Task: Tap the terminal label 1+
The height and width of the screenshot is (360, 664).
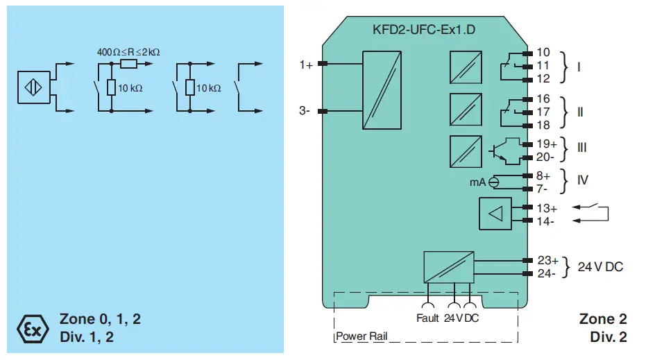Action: pos(306,65)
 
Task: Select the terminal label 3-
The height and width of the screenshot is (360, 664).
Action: pos(305,110)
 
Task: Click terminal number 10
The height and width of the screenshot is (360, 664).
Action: pos(543,53)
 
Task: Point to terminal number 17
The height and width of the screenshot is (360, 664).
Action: pos(543,112)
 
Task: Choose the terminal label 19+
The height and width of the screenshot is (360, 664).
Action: pos(547,144)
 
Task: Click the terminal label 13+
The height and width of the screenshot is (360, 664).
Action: pos(547,208)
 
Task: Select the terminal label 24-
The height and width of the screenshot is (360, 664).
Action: pos(547,273)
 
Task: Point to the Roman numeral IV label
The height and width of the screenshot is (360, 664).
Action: pos(582,180)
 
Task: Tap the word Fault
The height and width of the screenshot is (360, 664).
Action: pos(427,318)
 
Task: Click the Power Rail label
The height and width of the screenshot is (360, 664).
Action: pos(361,336)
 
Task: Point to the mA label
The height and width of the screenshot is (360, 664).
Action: pos(477,182)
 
